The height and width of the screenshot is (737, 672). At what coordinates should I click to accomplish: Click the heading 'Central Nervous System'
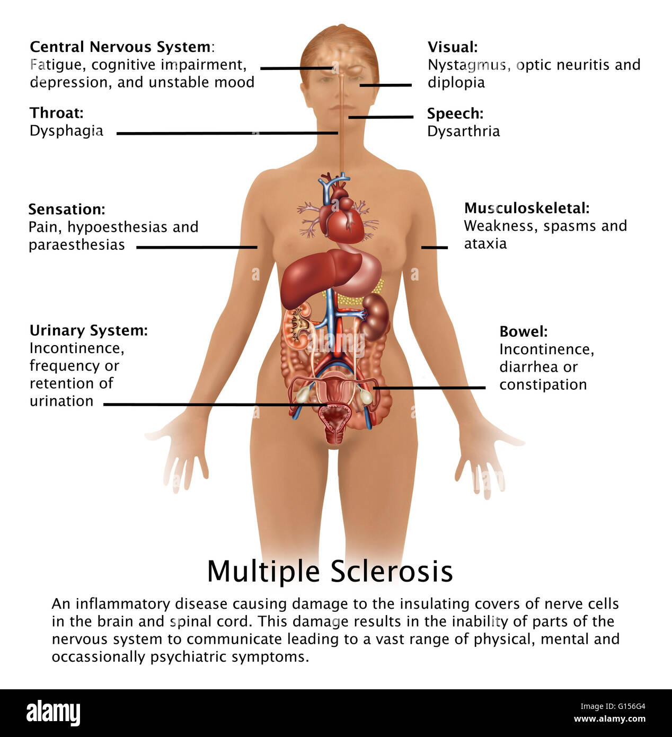point(120,47)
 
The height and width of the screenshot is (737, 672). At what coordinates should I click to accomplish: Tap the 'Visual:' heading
point(453,47)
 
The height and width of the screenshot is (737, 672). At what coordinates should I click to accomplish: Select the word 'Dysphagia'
point(66,131)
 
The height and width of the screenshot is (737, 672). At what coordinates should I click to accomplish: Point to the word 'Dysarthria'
point(463,131)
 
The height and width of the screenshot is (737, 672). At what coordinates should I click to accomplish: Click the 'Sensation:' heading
point(67,209)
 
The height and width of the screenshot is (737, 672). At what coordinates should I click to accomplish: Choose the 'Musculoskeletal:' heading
point(527,208)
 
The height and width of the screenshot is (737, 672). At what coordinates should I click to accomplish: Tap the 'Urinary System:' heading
point(89,331)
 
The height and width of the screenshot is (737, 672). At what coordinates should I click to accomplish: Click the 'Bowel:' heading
point(524,331)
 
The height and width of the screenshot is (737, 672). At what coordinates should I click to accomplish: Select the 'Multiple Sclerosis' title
point(330,571)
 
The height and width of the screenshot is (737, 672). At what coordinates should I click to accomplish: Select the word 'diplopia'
point(456,83)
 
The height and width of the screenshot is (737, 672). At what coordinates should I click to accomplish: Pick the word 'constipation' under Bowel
point(543,385)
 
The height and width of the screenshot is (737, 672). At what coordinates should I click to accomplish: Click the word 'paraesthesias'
point(77,245)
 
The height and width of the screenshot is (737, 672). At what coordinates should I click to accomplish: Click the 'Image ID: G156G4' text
point(613,706)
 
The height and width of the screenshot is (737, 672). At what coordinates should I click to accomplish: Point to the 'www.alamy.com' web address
point(609,718)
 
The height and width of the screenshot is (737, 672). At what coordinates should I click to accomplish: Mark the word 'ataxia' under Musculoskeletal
point(485,244)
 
